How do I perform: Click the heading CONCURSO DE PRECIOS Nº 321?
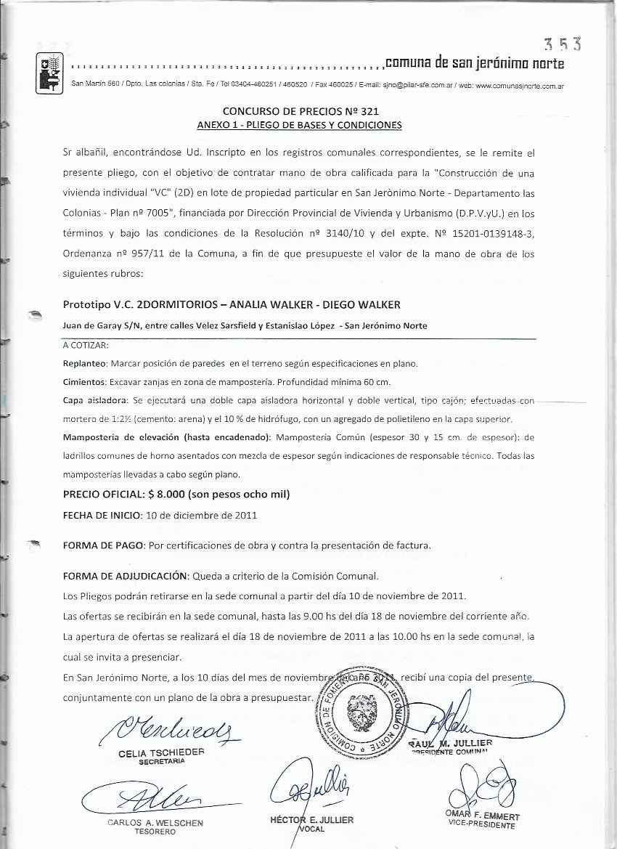[300, 112]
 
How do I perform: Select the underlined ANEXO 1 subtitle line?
[299, 125]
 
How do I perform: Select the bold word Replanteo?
[85, 363]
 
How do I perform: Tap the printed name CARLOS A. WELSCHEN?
[155, 823]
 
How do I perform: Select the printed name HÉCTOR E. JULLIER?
[308, 820]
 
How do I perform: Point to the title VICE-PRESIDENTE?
[482, 825]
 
